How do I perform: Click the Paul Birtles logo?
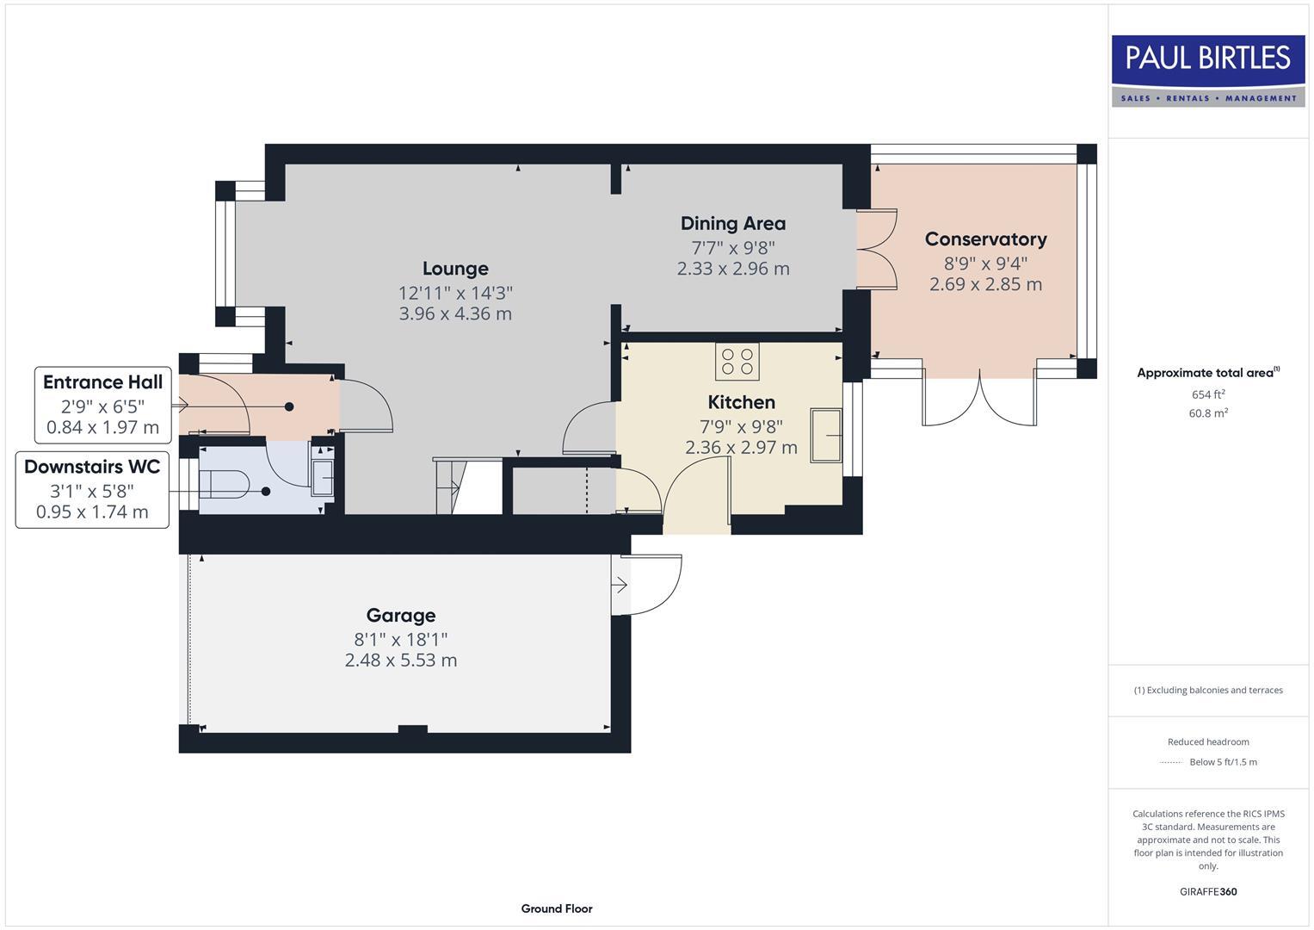click(x=1207, y=70)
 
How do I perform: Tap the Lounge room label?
click(x=455, y=269)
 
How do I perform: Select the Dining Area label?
click(x=732, y=224)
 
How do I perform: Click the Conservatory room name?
click(x=985, y=239)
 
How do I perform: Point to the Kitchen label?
click(x=741, y=402)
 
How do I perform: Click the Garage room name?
click(x=401, y=616)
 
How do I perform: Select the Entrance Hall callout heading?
click(x=102, y=382)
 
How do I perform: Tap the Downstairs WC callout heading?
click(x=92, y=467)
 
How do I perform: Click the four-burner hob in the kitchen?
click(x=737, y=362)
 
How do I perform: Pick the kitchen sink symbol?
click(x=826, y=436)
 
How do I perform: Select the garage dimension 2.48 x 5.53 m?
click(x=401, y=660)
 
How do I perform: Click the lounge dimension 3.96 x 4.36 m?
click(x=455, y=314)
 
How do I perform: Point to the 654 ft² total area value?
click(x=1207, y=394)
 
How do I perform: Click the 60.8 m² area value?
click(x=1207, y=413)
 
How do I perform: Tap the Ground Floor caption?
click(x=557, y=908)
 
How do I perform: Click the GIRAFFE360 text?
click(x=1207, y=891)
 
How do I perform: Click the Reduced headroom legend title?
click(x=1207, y=741)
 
